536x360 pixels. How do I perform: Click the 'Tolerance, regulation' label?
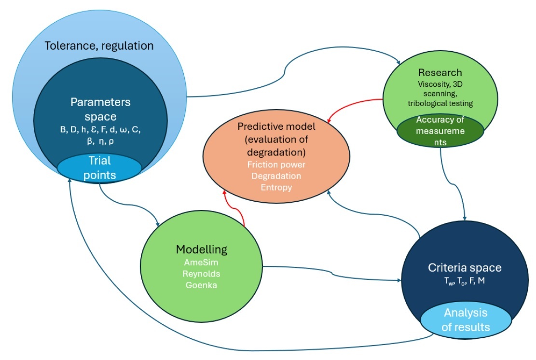pyautogui.click(x=99, y=46)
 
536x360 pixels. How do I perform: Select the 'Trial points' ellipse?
pyautogui.click(x=99, y=168)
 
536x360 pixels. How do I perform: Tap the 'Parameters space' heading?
pyautogui.click(x=100, y=109)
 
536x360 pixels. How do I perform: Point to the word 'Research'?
pyautogui.click(x=440, y=72)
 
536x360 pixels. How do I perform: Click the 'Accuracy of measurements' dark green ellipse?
pyautogui.click(x=440, y=131)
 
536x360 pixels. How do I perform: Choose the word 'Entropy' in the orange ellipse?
pyautogui.click(x=276, y=187)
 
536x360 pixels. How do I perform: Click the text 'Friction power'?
pyautogui.click(x=276, y=165)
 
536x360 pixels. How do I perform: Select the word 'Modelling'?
pyautogui.click(x=202, y=249)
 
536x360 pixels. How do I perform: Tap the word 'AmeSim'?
pyautogui.click(x=201, y=262)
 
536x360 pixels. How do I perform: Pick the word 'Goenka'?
pyautogui.click(x=201, y=285)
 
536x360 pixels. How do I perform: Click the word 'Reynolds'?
pyautogui.click(x=201, y=274)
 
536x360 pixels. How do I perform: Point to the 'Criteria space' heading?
pyautogui.click(x=465, y=267)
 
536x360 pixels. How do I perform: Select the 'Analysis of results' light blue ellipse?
pyautogui.click(x=466, y=320)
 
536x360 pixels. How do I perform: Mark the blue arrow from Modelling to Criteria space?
pyautogui.click(x=331, y=273)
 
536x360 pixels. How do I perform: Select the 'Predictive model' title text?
pyautogui.click(x=276, y=139)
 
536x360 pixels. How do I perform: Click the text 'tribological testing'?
pyautogui.click(x=440, y=103)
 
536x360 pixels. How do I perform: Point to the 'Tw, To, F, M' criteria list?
pyautogui.click(x=465, y=281)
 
